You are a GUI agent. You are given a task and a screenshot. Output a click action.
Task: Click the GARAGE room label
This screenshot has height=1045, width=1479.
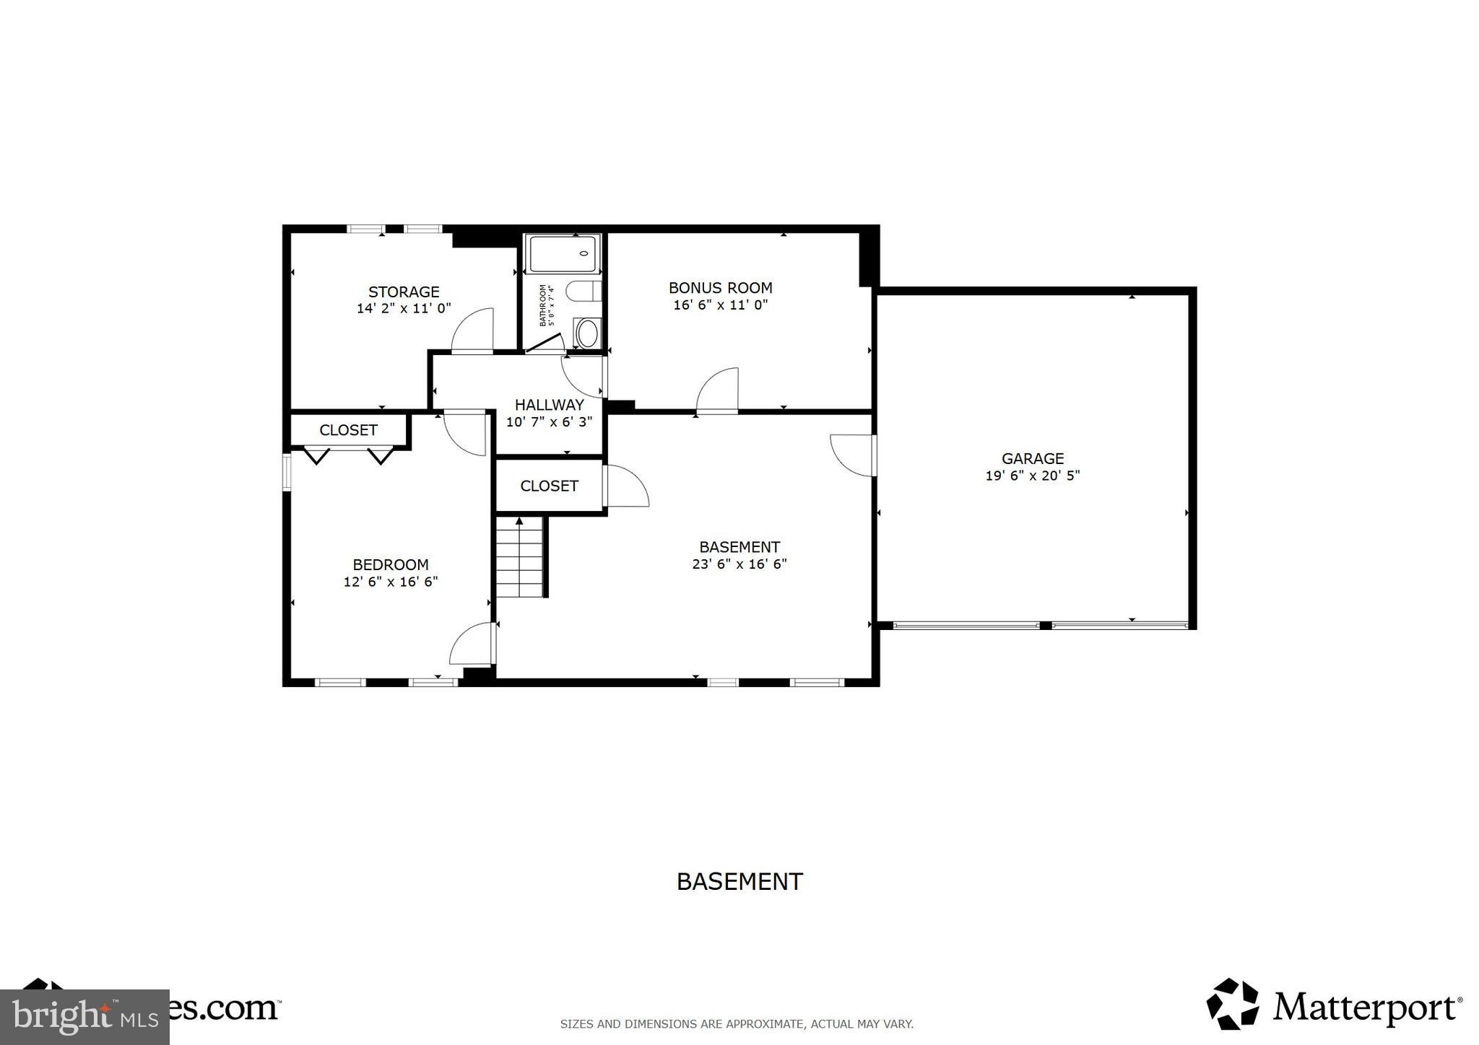tap(1032, 458)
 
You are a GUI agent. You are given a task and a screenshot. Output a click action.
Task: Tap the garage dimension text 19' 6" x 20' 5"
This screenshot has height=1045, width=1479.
tap(1032, 476)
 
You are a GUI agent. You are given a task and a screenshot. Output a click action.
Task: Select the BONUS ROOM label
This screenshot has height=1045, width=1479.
tap(720, 287)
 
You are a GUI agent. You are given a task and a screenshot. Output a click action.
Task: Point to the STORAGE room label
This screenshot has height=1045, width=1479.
tap(404, 292)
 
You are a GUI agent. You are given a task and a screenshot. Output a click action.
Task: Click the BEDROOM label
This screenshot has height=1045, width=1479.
tap(390, 564)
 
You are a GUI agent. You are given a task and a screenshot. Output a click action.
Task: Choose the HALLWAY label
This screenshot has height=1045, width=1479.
tap(549, 405)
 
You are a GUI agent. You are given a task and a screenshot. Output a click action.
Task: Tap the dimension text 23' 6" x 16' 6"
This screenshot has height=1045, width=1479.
tap(739, 564)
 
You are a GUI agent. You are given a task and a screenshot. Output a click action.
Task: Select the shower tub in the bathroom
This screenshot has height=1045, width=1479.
tap(563, 254)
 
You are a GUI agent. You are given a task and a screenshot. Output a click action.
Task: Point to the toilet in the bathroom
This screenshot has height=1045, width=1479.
tap(584, 292)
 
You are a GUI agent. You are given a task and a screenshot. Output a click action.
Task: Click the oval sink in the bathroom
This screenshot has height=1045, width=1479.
tap(587, 334)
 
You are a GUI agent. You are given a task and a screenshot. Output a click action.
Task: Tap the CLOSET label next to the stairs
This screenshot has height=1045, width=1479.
tap(549, 486)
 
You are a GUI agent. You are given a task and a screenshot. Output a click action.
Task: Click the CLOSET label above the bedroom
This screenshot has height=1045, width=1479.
tap(348, 430)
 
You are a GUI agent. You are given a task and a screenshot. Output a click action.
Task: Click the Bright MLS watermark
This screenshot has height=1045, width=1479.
tap(84, 1017)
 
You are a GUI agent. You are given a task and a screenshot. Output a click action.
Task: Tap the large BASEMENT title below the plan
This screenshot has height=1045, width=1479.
tap(739, 881)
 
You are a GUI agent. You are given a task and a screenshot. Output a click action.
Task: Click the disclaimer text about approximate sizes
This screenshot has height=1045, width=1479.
tap(737, 1023)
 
